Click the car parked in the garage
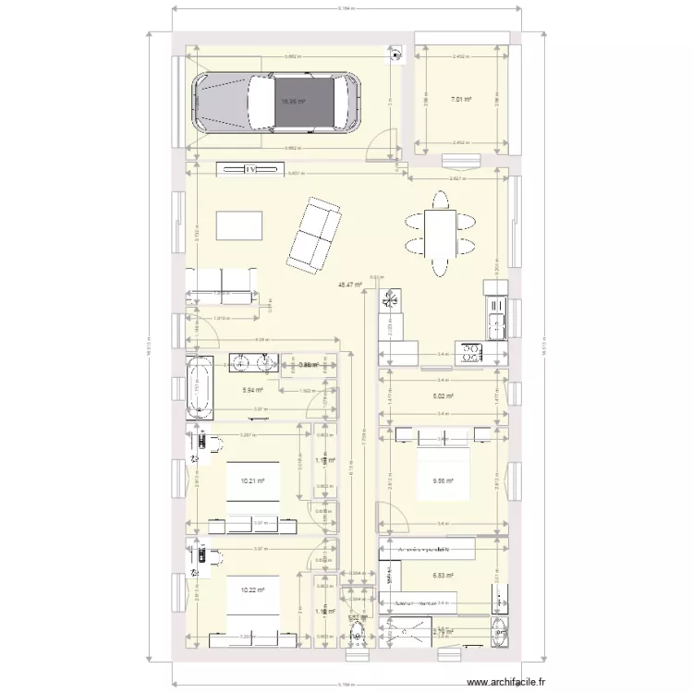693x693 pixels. click(x=277, y=102)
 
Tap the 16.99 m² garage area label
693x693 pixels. click(x=293, y=102)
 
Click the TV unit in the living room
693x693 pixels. click(x=249, y=169)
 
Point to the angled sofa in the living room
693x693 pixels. click(x=314, y=235)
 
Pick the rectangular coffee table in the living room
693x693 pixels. click(x=238, y=225)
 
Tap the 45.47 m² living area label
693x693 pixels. click(x=349, y=286)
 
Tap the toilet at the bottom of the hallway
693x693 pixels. click(x=357, y=637)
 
